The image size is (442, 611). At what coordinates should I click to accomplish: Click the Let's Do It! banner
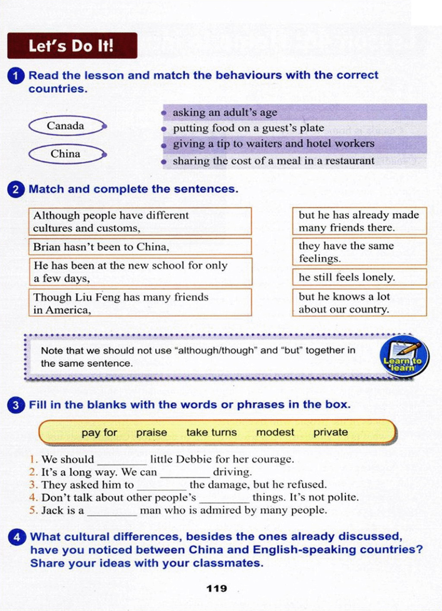[x=72, y=45]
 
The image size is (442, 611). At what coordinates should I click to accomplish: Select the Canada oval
[x=66, y=126]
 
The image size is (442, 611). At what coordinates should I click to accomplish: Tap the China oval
[x=66, y=154]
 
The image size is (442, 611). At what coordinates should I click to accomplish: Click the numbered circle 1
[x=16, y=76]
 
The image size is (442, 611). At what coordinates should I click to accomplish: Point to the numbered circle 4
[x=16, y=537]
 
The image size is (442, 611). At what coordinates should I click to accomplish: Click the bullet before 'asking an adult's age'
[x=164, y=113]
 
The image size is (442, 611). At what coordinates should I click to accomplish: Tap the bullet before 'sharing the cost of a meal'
[x=164, y=162]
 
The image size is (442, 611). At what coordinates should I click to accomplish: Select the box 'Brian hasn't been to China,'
[x=140, y=247]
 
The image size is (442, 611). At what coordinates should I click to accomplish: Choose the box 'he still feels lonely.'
[x=359, y=277]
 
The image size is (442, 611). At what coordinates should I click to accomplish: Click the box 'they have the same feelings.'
[x=359, y=252]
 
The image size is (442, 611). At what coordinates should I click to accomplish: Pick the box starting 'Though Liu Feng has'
[x=140, y=303]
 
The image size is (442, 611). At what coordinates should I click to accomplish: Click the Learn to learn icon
[x=404, y=357]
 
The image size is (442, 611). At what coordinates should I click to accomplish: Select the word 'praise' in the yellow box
[x=152, y=432]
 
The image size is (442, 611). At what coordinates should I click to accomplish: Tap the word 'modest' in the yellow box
[x=275, y=432]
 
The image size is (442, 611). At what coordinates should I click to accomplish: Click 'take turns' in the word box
[x=212, y=432]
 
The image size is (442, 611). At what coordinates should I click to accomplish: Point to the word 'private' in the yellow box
[x=331, y=432]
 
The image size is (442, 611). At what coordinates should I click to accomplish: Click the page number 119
[x=217, y=589]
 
